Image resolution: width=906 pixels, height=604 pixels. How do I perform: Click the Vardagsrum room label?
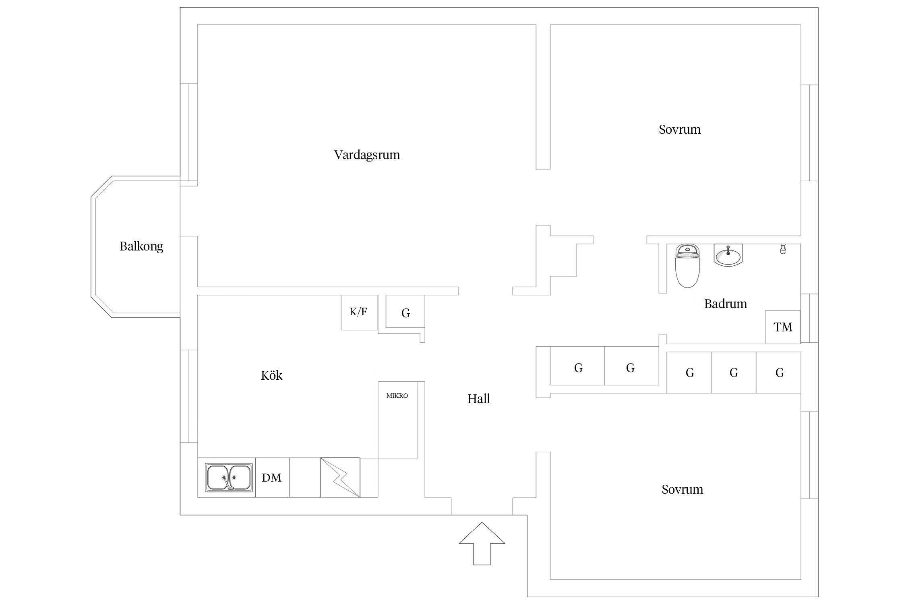tap(367, 155)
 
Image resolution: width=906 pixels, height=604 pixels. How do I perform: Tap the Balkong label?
tap(141, 246)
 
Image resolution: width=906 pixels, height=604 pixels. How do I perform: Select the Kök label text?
tap(272, 376)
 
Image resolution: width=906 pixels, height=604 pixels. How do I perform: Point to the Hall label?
tap(478, 399)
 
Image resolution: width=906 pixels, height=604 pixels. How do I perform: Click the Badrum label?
tap(725, 304)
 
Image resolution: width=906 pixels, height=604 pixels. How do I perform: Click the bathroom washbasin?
tap(728, 255)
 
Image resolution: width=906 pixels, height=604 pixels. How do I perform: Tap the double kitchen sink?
tap(229, 478)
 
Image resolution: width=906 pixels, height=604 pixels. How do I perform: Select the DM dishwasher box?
tap(272, 478)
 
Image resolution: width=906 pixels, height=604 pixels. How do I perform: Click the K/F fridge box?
tap(359, 312)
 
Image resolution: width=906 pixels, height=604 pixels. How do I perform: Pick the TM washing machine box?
tap(782, 327)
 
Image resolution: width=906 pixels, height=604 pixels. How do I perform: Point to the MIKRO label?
tap(397, 396)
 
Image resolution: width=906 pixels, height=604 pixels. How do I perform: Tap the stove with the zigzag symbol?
tap(340, 478)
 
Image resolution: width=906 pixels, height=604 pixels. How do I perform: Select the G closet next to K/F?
tap(405, 312)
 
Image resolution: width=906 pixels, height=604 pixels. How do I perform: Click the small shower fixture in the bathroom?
tap(783, 249)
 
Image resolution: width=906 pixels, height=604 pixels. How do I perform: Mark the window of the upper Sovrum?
tap(809, 133)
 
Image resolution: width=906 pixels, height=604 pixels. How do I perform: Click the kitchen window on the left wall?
tap(188, 396)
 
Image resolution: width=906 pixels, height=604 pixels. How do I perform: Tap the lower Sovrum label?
tap(682, 490)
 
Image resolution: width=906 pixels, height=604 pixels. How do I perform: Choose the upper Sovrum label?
tap(680, 130)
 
